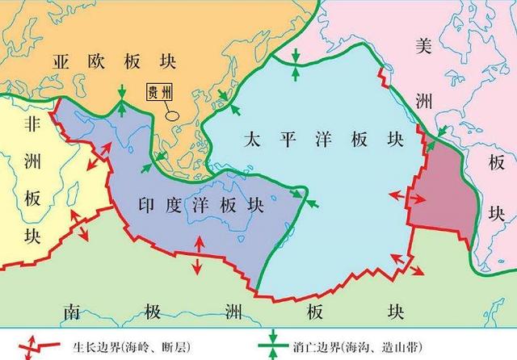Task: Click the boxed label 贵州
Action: tap(159, 93)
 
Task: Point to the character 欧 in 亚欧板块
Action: tap(86, 61)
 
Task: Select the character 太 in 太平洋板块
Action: tap(253, 140)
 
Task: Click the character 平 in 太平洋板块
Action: tap(283, 140)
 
